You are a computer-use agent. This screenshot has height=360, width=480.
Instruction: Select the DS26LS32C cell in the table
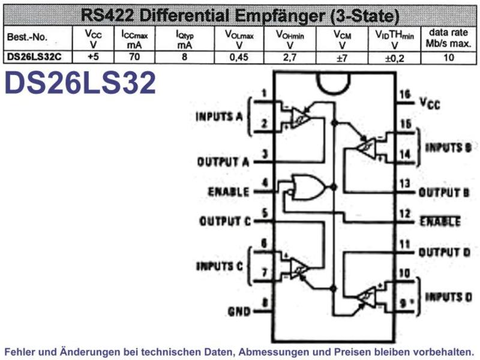(34, 57)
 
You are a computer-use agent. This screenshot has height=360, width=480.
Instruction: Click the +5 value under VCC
(93, 56)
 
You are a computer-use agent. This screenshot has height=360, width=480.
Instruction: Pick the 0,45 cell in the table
(239, 57)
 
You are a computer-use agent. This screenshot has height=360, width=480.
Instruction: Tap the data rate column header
(448, 38)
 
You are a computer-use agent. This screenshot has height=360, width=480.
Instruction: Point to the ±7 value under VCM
(341, 58)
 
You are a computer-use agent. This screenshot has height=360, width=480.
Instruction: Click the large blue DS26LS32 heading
(80, 83)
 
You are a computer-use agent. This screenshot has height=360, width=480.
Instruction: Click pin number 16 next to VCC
(404, 94)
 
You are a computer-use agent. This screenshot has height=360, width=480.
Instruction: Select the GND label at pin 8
(239, 311)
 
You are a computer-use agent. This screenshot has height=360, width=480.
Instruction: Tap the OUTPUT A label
(223, 162)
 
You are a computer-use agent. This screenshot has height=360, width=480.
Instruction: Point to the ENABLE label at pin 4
(229, 191)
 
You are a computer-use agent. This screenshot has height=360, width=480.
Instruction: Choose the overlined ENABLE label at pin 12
(440, 221)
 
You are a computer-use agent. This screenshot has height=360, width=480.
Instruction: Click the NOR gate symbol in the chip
(308, 187)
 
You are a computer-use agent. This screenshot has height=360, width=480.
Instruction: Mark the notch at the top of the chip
(334, 83)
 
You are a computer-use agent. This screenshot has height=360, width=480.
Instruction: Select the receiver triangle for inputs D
(367, 298)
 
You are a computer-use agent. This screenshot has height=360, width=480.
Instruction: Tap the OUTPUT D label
(444, 253)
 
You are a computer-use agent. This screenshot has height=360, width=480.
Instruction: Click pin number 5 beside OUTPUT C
(265, 213)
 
